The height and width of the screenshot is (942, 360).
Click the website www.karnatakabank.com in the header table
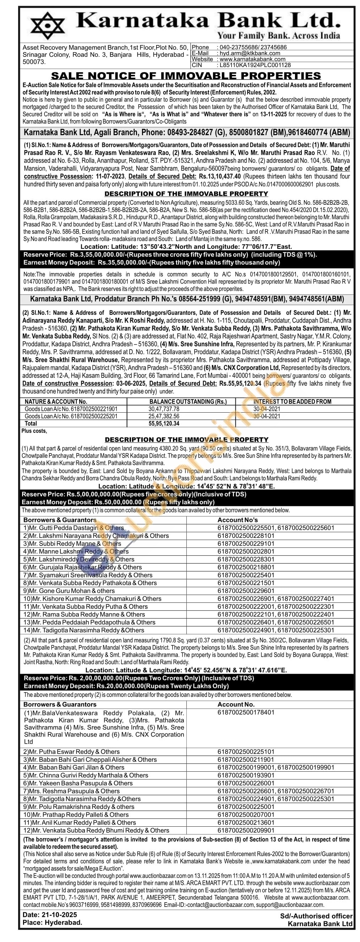tap(252, 59)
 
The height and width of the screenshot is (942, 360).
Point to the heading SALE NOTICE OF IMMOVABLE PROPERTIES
tap(186, 76)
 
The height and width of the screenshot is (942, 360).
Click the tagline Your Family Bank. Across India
tap(278, 35)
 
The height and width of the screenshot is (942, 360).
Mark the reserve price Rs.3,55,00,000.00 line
tap(170, 254)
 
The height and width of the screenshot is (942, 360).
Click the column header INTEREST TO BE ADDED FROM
tap(292, 402)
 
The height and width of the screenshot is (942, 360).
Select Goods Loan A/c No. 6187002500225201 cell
tap(71, 416)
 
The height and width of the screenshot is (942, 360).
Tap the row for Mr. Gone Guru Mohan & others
tap(69, 591)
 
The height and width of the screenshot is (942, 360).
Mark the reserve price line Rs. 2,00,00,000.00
tap(139, 678)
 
